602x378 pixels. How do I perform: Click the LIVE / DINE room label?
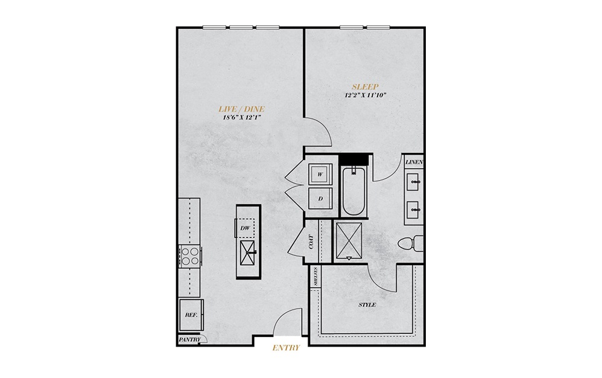click(x=241, y=109)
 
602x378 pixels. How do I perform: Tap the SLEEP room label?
click(x=365, y=87)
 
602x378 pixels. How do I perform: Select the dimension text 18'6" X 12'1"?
click(x=242, y=118)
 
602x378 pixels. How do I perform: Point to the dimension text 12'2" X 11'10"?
click(x=365, y=95)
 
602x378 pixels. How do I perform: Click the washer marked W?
click(x=320, y=175)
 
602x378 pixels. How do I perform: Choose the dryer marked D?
click(x=320, y=198)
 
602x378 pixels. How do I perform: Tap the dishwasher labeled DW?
click(x=245, y=228)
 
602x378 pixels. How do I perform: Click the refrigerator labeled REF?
click(x=191, y=315)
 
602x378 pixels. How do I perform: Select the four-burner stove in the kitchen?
click(x=190, y=256)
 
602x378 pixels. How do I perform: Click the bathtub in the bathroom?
click(x=353, y=191)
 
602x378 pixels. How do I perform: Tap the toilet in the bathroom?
click(x=410, y=243)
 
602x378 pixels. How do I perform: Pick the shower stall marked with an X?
click(x=349, y=240)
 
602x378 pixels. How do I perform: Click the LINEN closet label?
click(x=414, y=162)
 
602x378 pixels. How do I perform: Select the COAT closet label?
click(x=311, y=242)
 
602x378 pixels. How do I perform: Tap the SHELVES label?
click(x=315, y=276)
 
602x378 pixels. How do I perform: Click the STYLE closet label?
click(x=367, y=305)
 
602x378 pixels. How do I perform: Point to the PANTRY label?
click(x=189, y=339)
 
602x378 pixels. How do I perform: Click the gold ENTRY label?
click(x=286, y=348)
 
